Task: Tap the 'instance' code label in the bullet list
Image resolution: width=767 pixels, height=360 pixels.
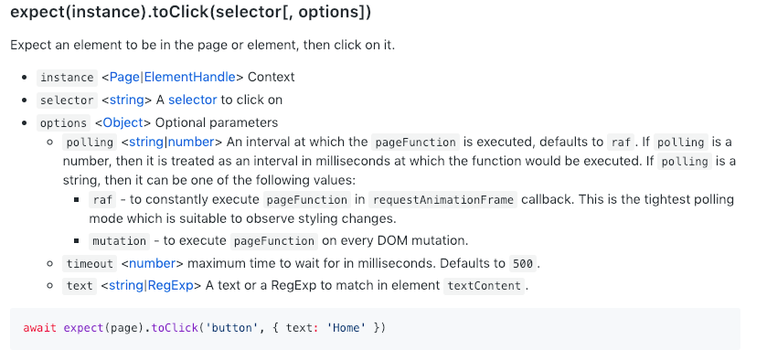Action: tap(67, 78)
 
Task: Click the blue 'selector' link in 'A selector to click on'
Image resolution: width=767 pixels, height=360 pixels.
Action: tap(192, 100)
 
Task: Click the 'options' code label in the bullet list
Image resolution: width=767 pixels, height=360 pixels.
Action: tap(63, 123)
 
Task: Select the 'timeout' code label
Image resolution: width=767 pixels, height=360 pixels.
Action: tap(90, 264)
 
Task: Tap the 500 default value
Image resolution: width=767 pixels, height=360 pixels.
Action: tap(522, 264)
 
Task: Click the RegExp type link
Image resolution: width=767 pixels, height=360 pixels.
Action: tap(169, 285)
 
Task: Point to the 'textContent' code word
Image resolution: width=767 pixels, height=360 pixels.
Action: tap(485, 286)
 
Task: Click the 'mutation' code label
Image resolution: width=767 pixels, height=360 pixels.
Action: tap(119, 241)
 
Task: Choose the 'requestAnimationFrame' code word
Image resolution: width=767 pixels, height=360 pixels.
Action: tap(443, 200)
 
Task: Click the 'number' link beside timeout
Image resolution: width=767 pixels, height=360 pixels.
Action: tap(150, 263)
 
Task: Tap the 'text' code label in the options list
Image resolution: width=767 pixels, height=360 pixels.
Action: tap(80, 286)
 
